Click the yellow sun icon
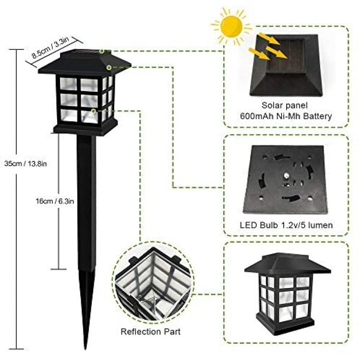coord(231,26)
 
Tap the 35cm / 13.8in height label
coord(25,164)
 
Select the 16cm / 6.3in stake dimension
coord(55,201)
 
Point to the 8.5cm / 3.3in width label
coord(50,48)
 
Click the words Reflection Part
coord(151,332)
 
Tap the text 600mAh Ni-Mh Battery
coord(286,116)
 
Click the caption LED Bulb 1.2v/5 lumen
coord(286,225)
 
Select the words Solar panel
coord(285,105)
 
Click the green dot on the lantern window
coord(93,111)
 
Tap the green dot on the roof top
coord(102,51)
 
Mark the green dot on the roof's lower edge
coord(109,68)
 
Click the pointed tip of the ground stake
coord(85,348)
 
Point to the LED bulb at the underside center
coord(286,176)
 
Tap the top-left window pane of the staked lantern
coord(69,84)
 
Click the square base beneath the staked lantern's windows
coord(85,128)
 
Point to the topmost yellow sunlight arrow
coord(269,39)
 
